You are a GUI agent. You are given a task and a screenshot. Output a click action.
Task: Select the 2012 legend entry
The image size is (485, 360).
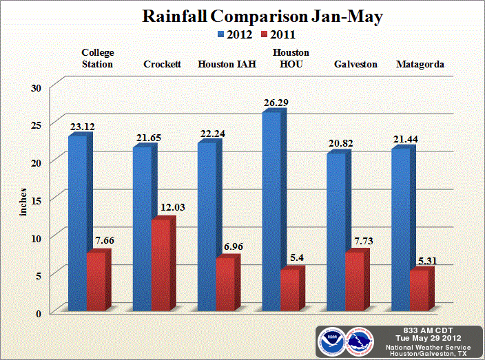(234, 34)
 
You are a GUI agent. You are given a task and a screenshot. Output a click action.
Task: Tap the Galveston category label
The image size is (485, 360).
(355, 65)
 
